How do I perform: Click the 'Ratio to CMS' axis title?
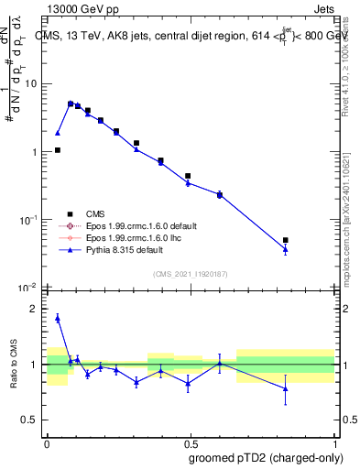15,364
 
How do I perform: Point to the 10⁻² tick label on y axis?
29,288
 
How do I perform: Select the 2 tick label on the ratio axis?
37,309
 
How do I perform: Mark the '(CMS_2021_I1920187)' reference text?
191,274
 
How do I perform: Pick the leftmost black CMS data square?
58,150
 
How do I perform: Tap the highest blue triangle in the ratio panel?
58,318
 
